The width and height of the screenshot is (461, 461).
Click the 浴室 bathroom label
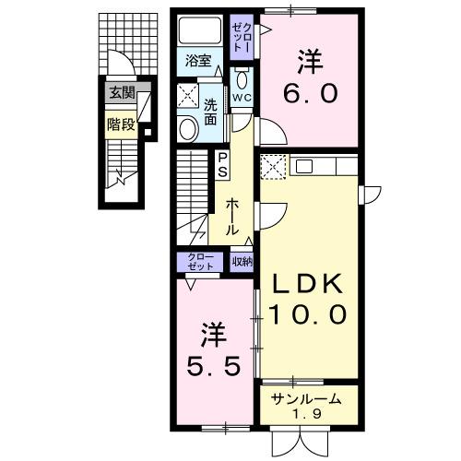click(x=198, y=63)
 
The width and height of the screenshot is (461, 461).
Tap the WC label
click(x=242, y=97)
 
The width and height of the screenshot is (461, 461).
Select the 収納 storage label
click(x=242, y=261)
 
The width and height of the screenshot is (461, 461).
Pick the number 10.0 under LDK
click(x=308, y=314)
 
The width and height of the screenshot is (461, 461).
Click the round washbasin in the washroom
click(x=186, y=128)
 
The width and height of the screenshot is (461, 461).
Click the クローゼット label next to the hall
click(x=201, y=261)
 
